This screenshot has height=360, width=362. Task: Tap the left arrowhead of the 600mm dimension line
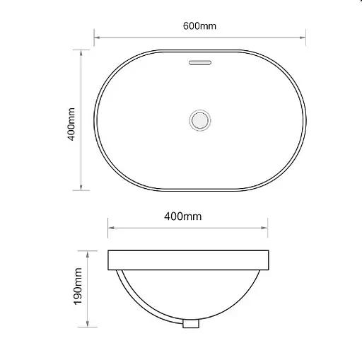(x=98, y=37)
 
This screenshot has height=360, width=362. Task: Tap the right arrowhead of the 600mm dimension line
(x=302, y=37)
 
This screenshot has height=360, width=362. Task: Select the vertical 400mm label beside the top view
(x=71, y=124)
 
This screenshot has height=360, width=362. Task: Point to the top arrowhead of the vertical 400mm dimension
(x=83, y=52)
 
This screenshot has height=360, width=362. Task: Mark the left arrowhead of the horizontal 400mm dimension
(x=111, y=228)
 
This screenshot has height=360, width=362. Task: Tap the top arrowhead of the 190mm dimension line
(x=88, y=253)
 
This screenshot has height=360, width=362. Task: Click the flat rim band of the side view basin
(x=189, y=261)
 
